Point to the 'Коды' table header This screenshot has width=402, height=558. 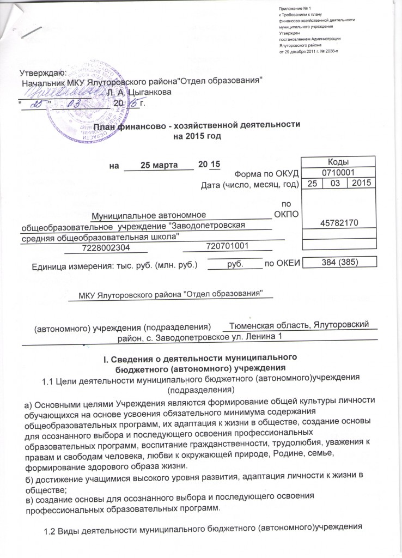click(x=338, y=162)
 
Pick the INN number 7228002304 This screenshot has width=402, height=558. click(x=106, y=248)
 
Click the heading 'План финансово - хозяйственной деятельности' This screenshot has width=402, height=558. click(x=197, y=125)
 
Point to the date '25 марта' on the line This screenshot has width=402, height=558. click(x=159, y=164)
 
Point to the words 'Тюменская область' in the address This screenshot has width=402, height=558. click(x=269, y=325)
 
